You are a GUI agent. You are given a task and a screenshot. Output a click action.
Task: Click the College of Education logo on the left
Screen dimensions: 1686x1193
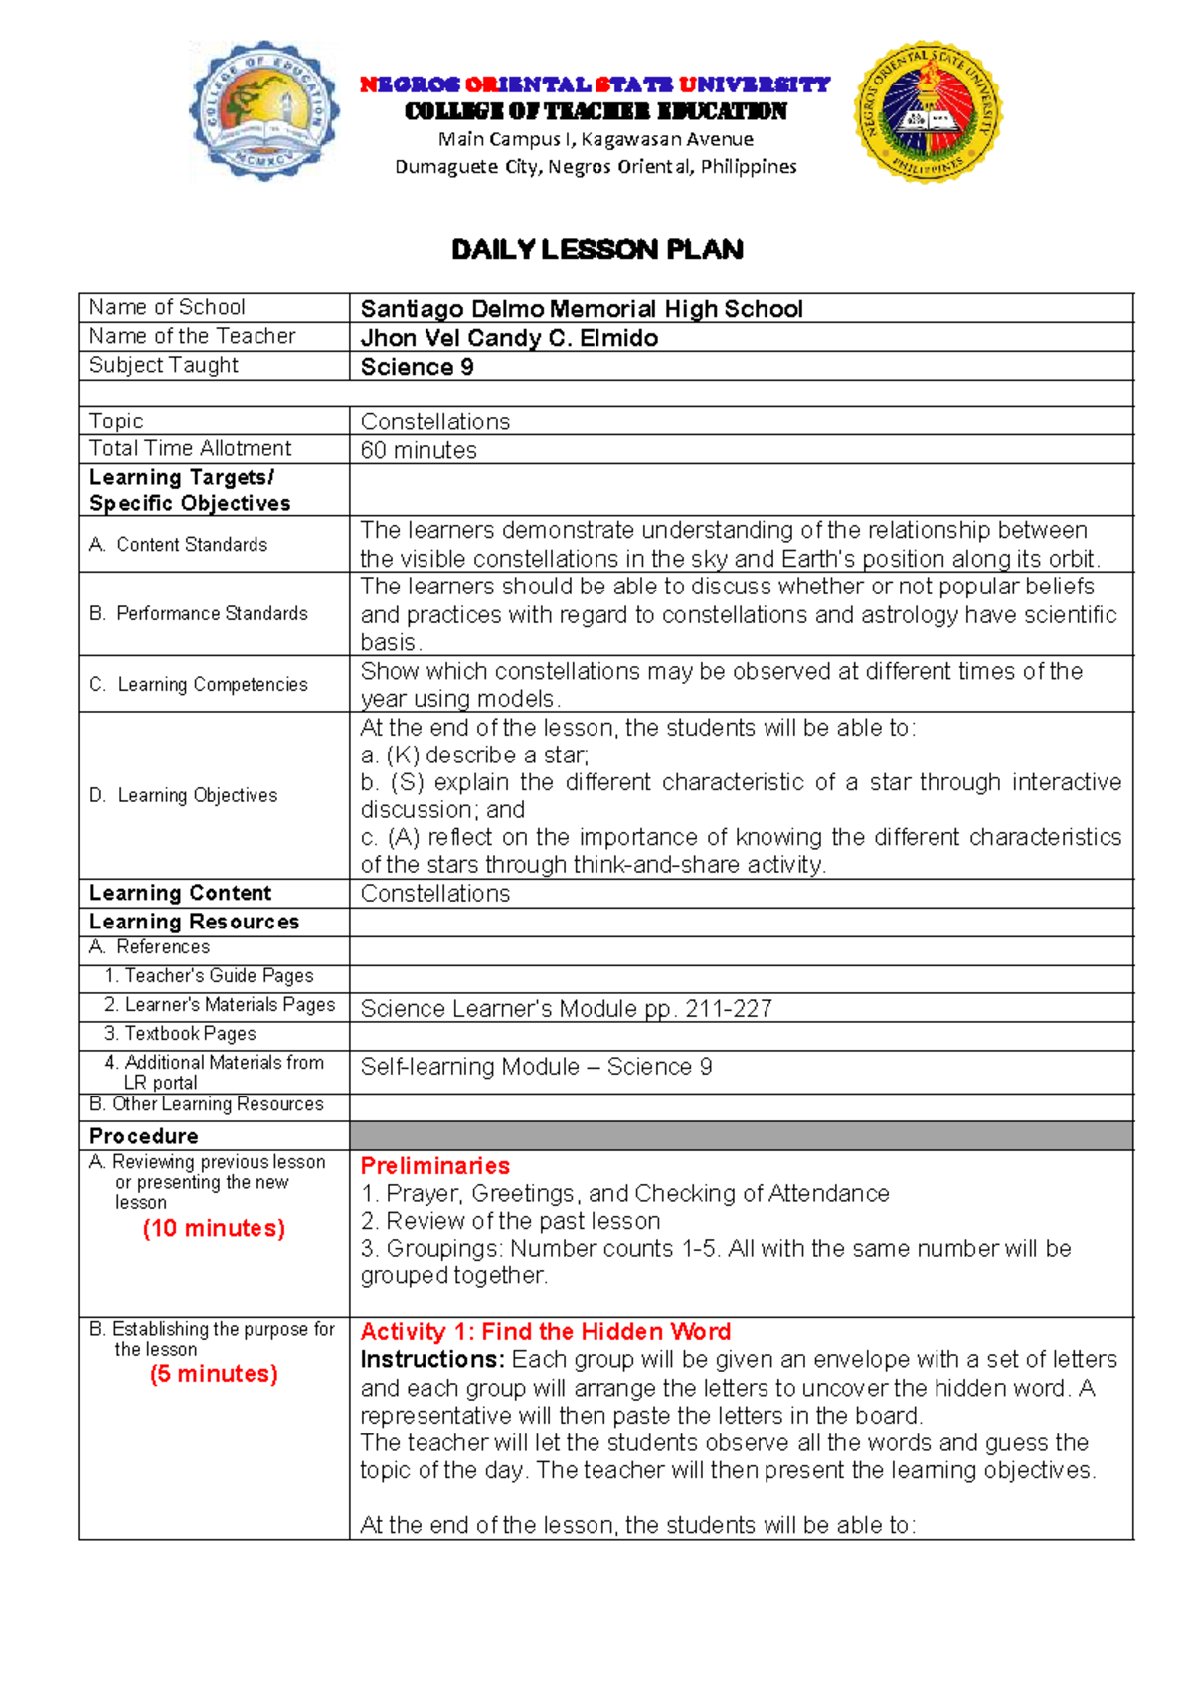[x=264, y=110]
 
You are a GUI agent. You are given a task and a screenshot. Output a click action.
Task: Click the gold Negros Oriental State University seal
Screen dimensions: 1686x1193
[x=928, y=110]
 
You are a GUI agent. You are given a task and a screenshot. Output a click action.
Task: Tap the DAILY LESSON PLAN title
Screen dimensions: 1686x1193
[x=596, y=250]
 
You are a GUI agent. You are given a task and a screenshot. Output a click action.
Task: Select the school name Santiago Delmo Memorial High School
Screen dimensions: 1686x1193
[x=581, y=309]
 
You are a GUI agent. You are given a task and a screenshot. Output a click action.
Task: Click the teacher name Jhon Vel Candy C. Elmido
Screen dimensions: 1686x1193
[x=509, y=338]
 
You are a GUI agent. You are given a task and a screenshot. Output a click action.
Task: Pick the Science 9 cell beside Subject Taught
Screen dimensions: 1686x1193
[x=417, y=367]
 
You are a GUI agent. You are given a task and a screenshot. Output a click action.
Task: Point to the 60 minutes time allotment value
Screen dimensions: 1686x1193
[x=419, y=450]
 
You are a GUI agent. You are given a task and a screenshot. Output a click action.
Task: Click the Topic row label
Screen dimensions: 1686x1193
[x=116, y=421]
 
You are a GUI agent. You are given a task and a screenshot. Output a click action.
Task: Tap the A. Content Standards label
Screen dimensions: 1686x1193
[x=179, y=544]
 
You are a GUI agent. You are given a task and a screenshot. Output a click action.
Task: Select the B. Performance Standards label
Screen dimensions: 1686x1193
[x=199, y=613]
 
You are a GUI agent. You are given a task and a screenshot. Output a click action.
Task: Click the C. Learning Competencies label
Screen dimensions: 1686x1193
[x=199, y=684]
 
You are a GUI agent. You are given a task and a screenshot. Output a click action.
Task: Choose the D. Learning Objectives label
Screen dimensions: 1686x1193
[x=184, y=795]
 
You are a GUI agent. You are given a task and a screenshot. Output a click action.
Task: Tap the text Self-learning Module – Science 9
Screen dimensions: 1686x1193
[x=536, y=1067]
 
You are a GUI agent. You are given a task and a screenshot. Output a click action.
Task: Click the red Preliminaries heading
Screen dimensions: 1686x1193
[x=434, y=1165]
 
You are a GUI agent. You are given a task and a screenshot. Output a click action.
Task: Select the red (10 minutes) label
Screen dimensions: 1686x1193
[x=214, y=1228]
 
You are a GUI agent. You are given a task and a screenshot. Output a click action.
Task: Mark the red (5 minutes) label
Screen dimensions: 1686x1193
[x=214, y=1374]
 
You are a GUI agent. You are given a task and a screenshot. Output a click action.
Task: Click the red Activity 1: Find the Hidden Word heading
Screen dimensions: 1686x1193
[x=545, y=1331]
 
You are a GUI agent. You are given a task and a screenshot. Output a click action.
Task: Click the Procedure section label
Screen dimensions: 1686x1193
[x=144, y=1135]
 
